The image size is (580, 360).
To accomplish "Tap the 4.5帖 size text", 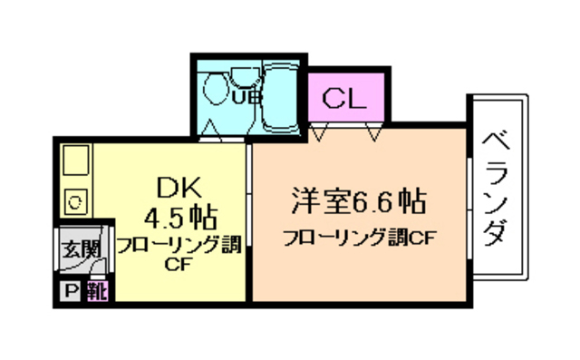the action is (x=180, y=218).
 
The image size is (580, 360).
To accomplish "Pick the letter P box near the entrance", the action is (x=71, y=291).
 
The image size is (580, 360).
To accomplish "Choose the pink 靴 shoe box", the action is (x=96, y=291).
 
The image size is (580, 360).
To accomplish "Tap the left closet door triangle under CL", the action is (x=319, y=133).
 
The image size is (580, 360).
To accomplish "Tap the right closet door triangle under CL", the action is (x=373, y=133).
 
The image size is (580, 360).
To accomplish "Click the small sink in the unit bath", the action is (x=240, y=77).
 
